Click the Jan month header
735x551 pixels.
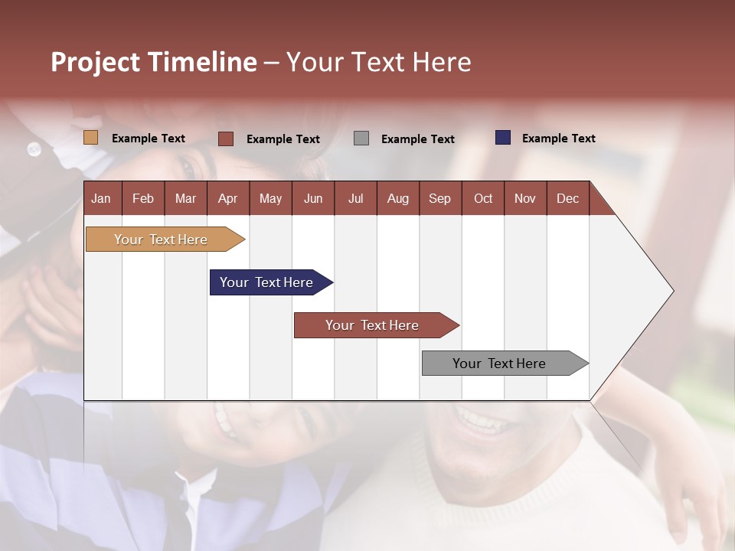pyautogui.click(x=101, y=199)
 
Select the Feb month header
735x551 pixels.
pyautogui.click(x=143, y=199)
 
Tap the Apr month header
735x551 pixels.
pyautogui.click(x=227, y=199)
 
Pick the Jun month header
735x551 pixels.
pyautogui.click(x=313, y=199)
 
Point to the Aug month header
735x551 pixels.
pyautogui.click(x=397, y=199)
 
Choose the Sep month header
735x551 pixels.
pyautogui.click(x=439, y=199)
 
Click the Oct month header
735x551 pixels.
pyautogui.click(x=483, y=199)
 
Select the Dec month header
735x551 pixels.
pyautogui.click(x=567, y=199)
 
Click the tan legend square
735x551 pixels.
pyautogui.click(x=91, y=138)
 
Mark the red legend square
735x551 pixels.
pyautogui.click(x=226, y=139)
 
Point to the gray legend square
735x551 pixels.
pyautogui.click(x=361, y=139)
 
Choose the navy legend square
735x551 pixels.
pyautogui.click(x=503, y=138)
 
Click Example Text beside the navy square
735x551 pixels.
pyautogui.click(x=558, y=139)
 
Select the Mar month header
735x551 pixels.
pyautogui.click(x=185, y=199)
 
